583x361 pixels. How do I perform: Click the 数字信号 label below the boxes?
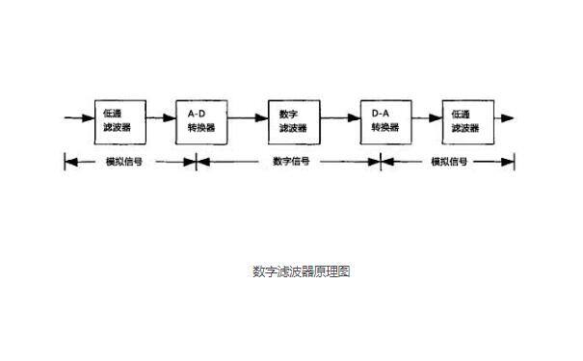point(291,162)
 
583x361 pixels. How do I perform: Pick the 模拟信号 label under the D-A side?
point(449,162)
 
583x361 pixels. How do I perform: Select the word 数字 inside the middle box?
point(288,113)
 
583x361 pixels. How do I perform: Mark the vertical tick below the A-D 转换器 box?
point(196,162)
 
